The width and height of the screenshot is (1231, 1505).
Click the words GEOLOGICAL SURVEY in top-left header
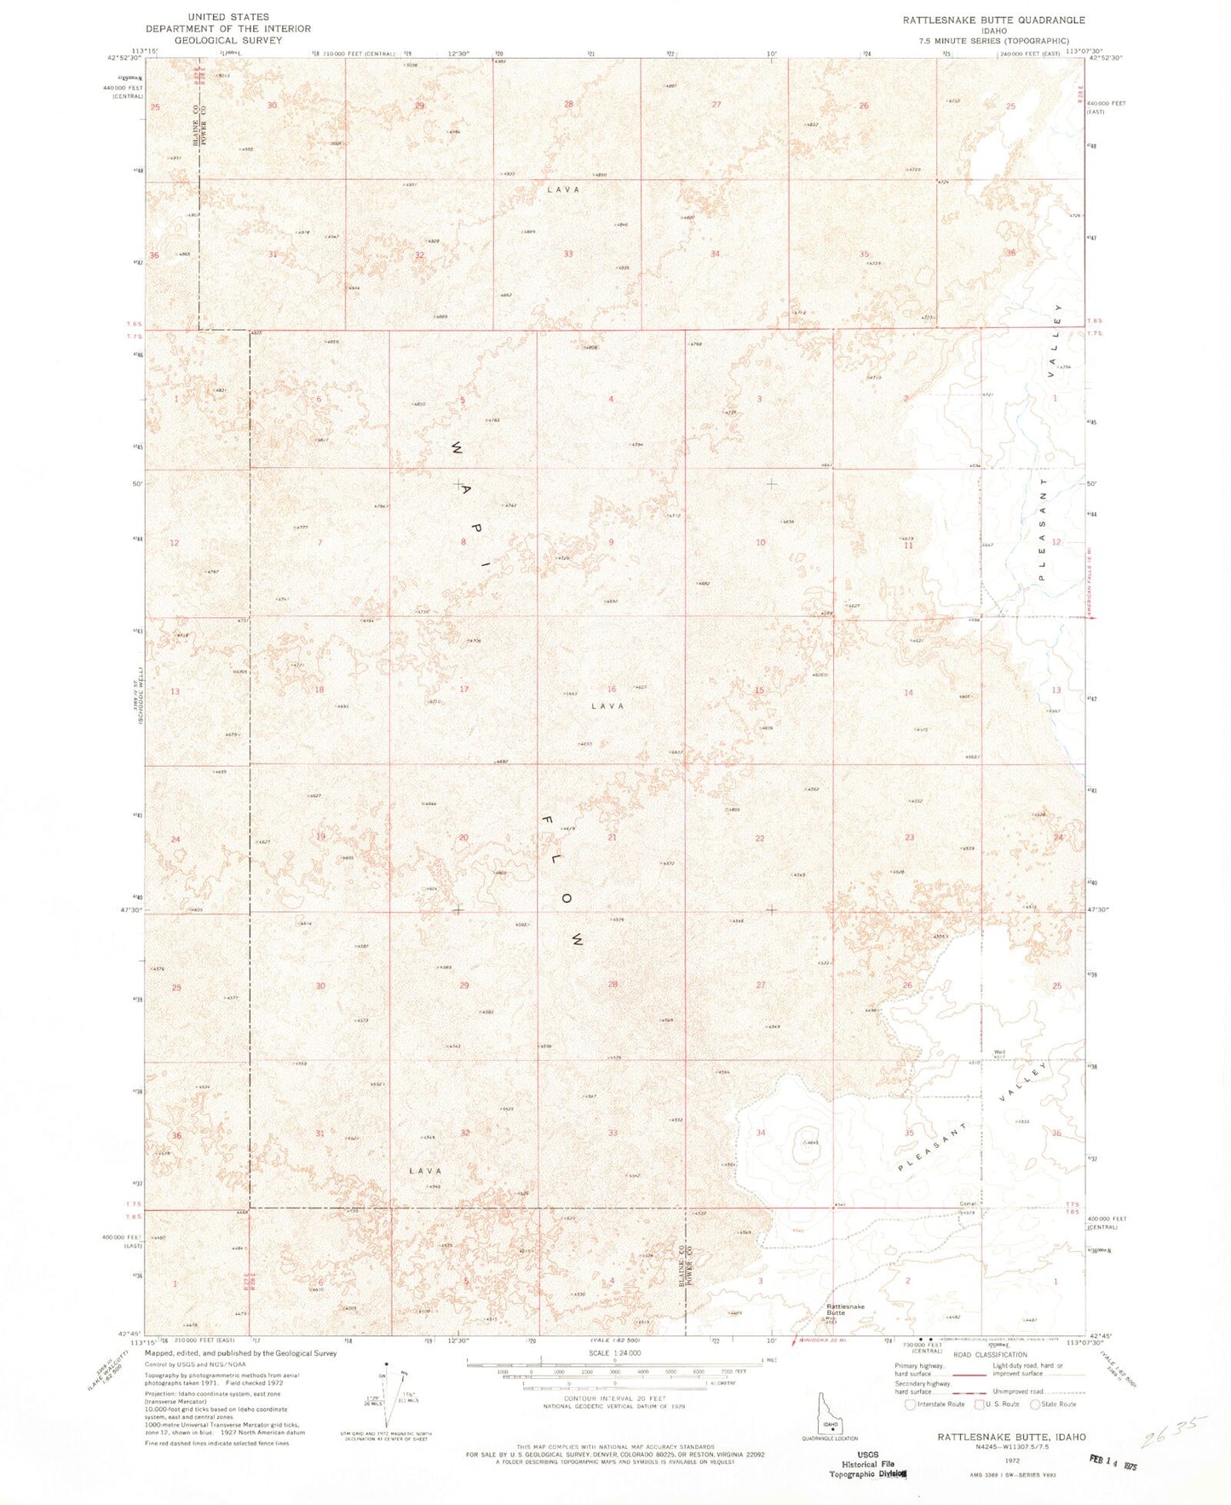pyautogui.click(x=228, y=40)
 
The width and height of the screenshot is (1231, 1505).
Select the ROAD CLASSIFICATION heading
pyautogui.click(x=991, y=1354)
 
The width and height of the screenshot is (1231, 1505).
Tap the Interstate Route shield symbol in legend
pyautogui.click(x=911, y=1404)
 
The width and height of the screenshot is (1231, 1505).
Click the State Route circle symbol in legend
pyautogui.click(x=1036, y=1404)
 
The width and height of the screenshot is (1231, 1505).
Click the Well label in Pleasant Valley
pyautogui.click(x=999, y=1052)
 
